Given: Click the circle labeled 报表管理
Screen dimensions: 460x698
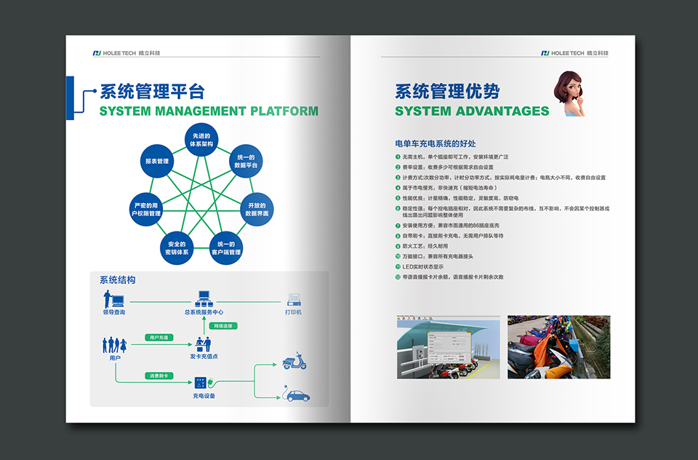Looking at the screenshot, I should pos(157,161).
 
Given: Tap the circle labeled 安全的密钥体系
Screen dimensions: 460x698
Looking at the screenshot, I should pos(177,247).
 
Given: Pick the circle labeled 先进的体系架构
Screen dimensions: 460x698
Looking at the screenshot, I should pos(201,140).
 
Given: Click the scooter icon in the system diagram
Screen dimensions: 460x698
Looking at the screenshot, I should pos(294,361).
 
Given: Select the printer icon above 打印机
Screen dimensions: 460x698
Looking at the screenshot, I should pos(294,299).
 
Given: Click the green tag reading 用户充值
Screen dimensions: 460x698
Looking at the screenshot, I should pos(159,338).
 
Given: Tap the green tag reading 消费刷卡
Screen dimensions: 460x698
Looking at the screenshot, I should pos(159,376).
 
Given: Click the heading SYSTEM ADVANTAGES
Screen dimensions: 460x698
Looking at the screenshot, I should pos(472,111).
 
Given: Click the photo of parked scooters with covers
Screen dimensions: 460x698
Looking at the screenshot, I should pos(558,346).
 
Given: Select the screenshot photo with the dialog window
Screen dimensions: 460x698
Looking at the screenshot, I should pos(448,347).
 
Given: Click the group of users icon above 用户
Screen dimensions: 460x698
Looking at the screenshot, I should pos(115,344).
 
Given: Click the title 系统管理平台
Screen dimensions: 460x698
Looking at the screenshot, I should pos(152,92).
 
